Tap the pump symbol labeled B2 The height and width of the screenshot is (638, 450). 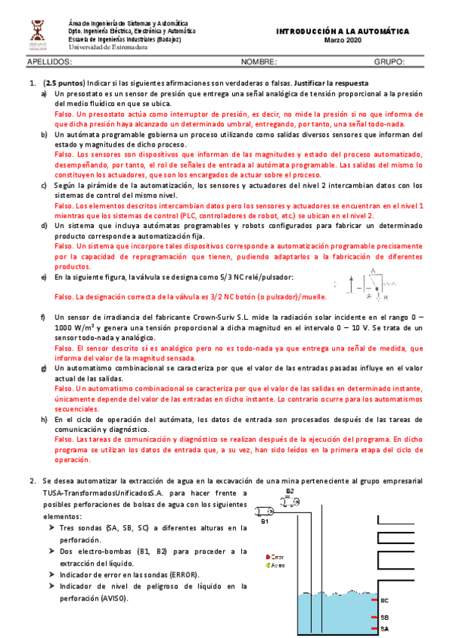[290, 499]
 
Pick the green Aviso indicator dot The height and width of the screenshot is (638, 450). [268, 565]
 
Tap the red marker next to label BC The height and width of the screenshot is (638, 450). [375, 600]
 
